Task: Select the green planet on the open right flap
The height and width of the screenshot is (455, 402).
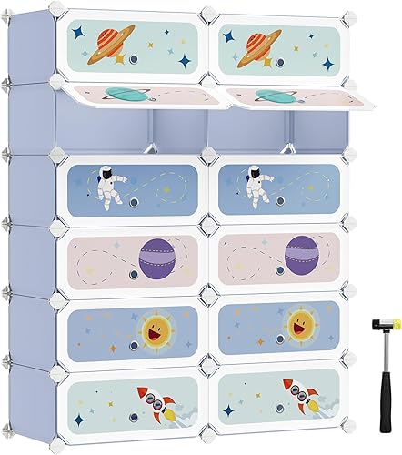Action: [x=272, y=95]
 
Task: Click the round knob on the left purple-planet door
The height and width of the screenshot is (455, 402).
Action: [x=132, y=271]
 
